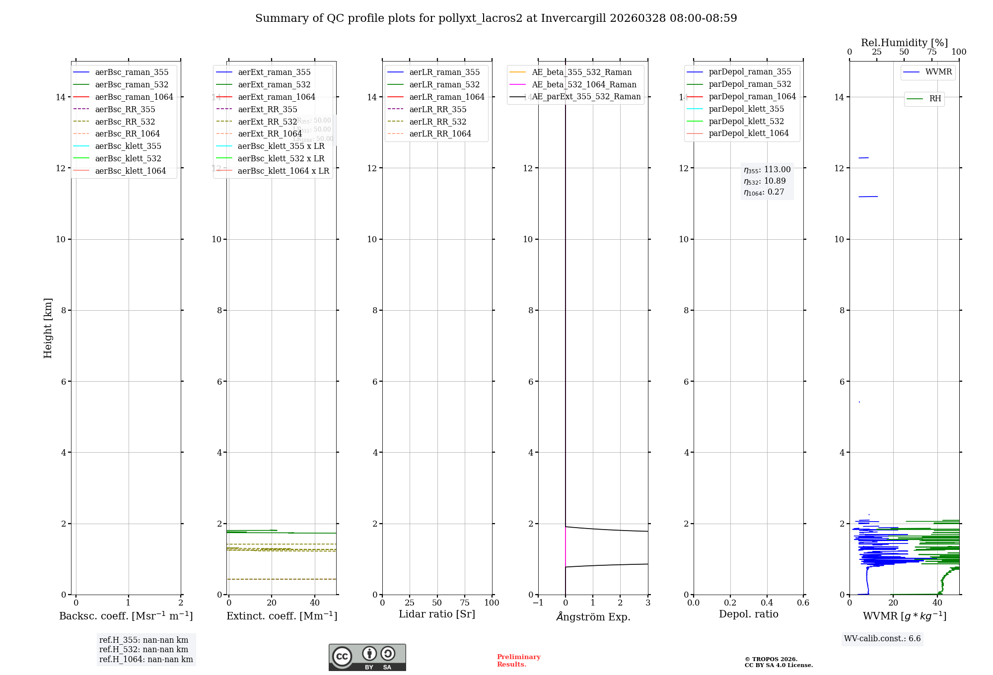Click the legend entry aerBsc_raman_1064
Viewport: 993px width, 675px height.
(134, 97)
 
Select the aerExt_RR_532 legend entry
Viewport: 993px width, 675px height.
(267, 122)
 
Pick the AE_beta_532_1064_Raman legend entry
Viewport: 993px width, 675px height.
(584, 84)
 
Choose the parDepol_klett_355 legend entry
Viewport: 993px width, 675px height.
(746, 109)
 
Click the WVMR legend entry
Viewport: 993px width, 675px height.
(938, 72)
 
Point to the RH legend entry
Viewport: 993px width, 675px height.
(935, 99)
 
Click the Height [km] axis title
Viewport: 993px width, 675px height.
(48, 328)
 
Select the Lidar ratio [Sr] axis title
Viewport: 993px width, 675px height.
(437, 614)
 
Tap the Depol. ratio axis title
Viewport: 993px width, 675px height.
(748, 614)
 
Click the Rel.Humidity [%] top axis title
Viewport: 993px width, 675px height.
(904, 43)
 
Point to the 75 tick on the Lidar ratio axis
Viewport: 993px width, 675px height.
(465, 603)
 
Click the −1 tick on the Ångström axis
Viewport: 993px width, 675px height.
(538, 603)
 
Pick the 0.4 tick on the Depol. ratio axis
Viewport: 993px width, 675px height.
(767, 603)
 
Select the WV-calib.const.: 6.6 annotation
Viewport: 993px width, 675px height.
(882, 638)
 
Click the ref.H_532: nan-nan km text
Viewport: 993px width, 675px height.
(143, 649)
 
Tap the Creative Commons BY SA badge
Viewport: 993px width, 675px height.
(367, 657)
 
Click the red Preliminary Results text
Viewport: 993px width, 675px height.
(518, 661)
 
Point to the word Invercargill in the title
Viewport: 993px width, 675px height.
(573, 18)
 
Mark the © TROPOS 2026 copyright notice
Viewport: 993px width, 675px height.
(771, 659)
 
